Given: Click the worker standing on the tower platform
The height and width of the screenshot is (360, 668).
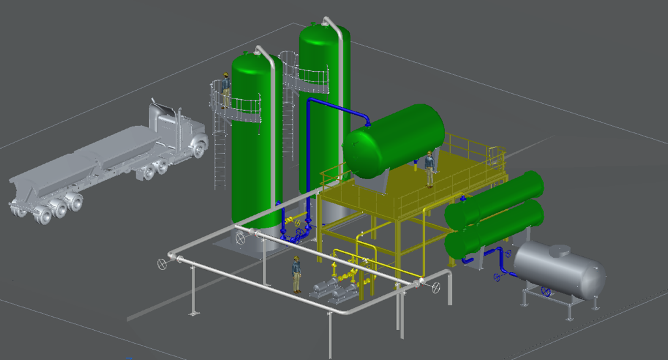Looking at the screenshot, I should click(x=225, y=90).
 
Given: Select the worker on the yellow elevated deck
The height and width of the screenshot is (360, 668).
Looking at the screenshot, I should click(x=430, y=170).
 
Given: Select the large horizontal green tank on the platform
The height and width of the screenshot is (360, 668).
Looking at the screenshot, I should click(x=395, y=140).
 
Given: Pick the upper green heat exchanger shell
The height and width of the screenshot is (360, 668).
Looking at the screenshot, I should click(x=496, y=199).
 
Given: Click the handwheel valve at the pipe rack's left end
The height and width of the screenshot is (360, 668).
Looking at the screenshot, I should click(x=162, y=264).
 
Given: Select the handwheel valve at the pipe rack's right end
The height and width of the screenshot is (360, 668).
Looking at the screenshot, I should click(x=436, y=288).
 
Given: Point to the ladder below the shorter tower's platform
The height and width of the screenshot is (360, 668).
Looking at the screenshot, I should click(x=220, y=157).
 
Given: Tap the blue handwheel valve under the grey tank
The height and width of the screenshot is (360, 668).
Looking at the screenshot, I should click(x=545, y=291).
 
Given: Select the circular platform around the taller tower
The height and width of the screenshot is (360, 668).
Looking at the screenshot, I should click(x=305, y=80).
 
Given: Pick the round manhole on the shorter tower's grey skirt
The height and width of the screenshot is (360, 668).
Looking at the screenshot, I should click(x=240, y=238).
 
